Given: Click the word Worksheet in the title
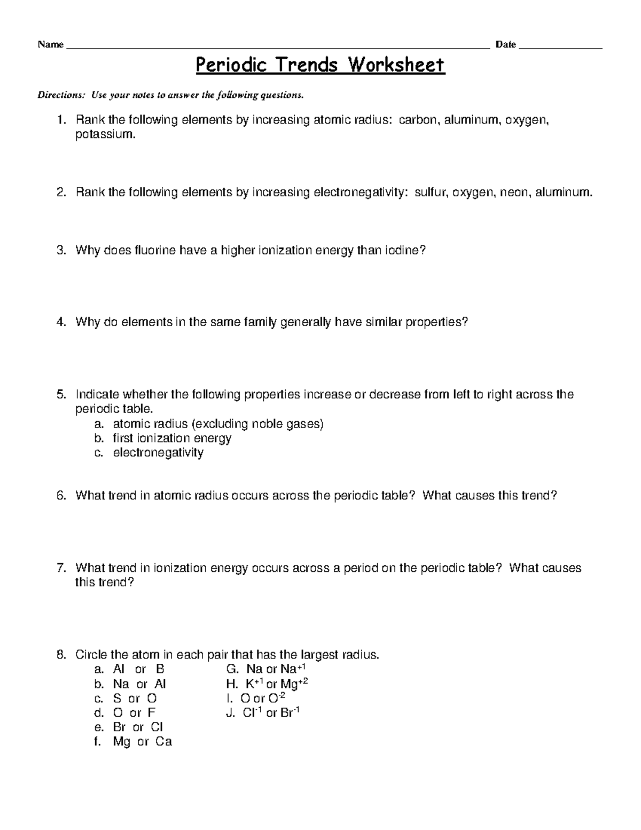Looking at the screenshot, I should (396, 65).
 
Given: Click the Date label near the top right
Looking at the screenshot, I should (505, 45).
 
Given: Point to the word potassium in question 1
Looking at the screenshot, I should (105, 134).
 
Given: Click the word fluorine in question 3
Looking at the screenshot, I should (155, 250).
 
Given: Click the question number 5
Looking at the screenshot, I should (60, 395).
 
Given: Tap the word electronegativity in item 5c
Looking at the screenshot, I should (158, 453).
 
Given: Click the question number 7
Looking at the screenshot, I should (60, 568).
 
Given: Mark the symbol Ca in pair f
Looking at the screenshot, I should (163, 742).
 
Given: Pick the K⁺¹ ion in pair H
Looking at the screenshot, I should (255, 684).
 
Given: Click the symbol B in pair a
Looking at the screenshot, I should (160, 669).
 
